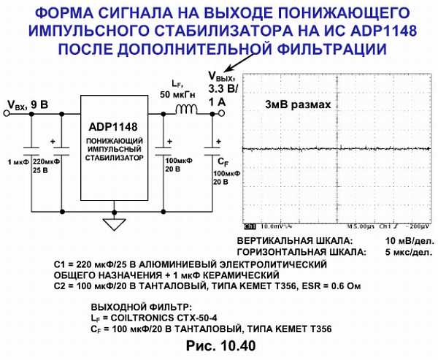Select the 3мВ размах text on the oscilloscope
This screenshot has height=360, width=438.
coord(298,104)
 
